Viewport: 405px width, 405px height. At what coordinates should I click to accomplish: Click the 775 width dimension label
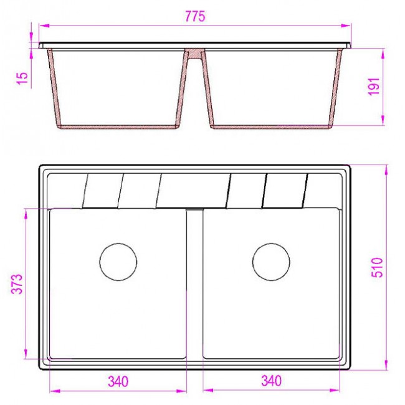195,16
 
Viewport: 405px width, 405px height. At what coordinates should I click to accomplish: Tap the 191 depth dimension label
374,86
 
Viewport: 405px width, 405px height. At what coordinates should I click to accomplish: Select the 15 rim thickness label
22,78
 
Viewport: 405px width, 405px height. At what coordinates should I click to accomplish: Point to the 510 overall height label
377,267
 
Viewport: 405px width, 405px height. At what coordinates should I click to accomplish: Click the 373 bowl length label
17,284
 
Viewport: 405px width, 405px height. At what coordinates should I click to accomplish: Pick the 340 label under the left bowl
118,381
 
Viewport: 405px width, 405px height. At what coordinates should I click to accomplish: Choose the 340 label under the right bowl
272,381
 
